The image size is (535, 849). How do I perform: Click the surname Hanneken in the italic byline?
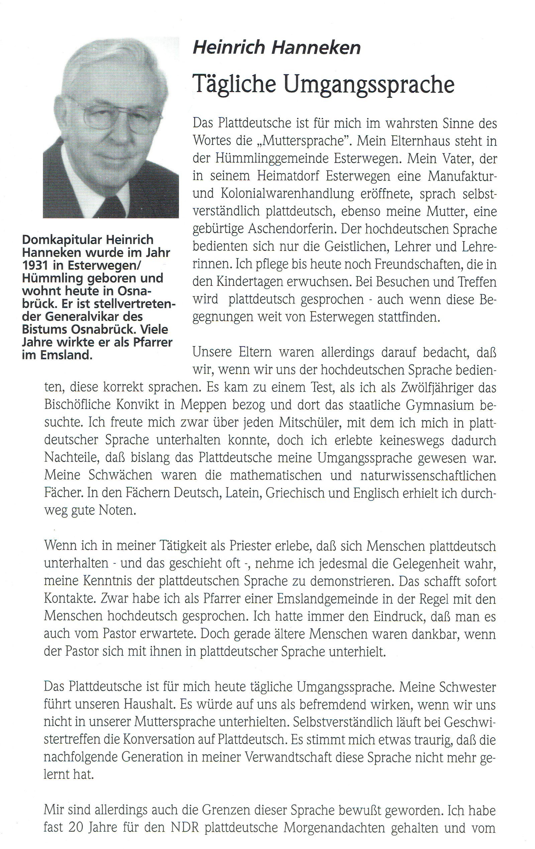pyautogui.click(x=316, y=47)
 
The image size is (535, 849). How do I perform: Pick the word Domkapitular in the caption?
pyautogui.click(x=62, y=240)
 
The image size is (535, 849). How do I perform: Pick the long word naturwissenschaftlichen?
pyautogui.click(x=428, y=475)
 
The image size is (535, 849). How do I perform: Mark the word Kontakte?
pyautogui.click(x=70, y=598)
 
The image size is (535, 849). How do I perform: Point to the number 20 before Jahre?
pyautogui.click(x=76, y=827)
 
